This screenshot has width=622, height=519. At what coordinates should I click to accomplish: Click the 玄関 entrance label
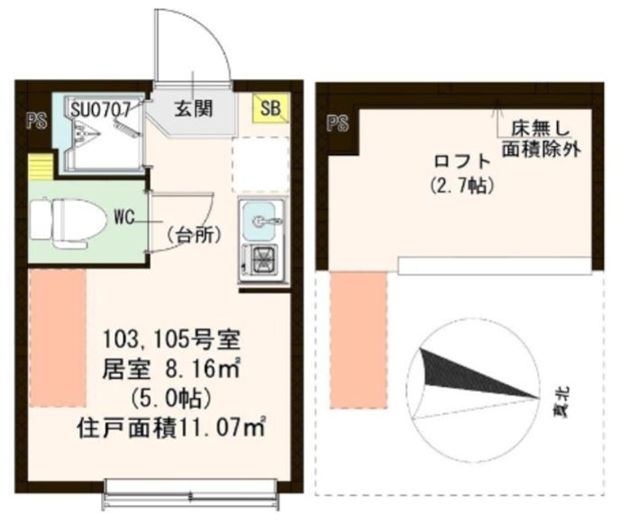(x=193, y=109)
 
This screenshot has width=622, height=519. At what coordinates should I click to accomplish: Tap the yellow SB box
(x=270, y=108)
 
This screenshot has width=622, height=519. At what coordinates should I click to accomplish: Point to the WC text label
(x=125, y=218)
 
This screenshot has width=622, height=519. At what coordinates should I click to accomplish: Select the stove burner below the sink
(x=262, y=260)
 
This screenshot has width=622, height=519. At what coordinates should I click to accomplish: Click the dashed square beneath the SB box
(x=261, y=164)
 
